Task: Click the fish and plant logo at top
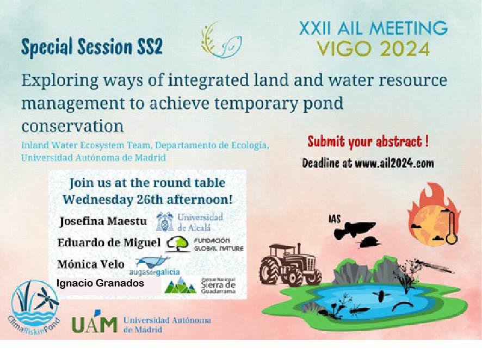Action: pyautogui.click(x=221, y=40)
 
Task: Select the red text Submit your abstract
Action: pyautogui.click(x=368, y=142)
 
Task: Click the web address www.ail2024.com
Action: pyautogui.click(x=394, y=163)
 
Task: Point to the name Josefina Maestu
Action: pyautogui.click(x=103, y=221)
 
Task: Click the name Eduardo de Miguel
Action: pyautogui.click(x=109, y=243)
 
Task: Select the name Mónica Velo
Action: pyautogui.click(x=91, y=264)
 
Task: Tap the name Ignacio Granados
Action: pyautogui.click(x=100, y=283)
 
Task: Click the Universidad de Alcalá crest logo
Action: pyautogui.click(x=165, y=221)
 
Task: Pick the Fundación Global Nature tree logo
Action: pyautogui.click(x=178, y=244)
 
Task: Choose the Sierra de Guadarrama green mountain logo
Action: pyautogui.click(x=181, y=285)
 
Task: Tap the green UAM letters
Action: pyautogui.click(x=95, y=324)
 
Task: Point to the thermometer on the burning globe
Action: pyautogui.click(x=452, y=226)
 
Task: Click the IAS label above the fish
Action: pyautogui.click(x=335, y=219)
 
